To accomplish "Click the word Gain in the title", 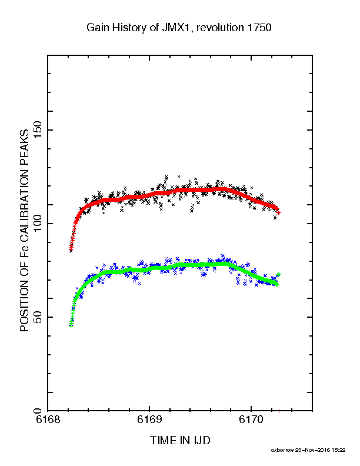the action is coord(99,28).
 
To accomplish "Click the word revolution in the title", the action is coord(220,28).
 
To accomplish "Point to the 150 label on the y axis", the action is coord(38,130).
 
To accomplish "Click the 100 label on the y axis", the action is coord(38,224).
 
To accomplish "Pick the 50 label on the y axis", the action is coord(38,317).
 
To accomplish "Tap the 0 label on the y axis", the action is coord(38,411).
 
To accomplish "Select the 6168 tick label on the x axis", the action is coord(48,420).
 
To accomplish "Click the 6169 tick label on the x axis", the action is coord(149,420).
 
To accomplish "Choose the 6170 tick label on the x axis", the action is coord(251,420).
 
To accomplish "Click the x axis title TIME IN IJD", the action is coord(181,440).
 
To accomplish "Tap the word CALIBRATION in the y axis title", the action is coord(24,205).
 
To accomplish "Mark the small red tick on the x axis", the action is coord(279,411).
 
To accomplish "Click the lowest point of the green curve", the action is coord(71,326).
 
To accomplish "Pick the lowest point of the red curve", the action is coord(71,250).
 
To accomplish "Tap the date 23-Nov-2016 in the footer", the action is coord(312,450).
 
